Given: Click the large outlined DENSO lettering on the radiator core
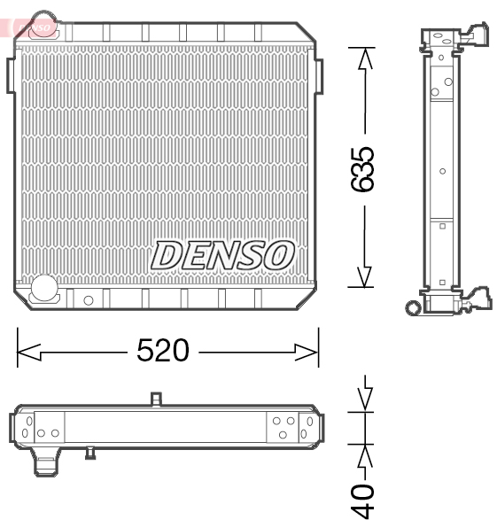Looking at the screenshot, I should pos(222,255).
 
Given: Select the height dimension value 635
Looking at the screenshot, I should pos(362,167).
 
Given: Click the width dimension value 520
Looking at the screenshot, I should pos(163,351).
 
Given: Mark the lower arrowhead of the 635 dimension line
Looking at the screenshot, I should pos(362,276).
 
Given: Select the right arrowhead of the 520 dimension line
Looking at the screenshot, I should pos(307,352).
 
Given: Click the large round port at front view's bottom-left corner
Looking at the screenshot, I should pos(43,287).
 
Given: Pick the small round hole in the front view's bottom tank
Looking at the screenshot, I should pos(88,300).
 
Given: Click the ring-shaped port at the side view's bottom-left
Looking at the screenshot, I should pos(413,307).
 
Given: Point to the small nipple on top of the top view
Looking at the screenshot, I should pos(156,400).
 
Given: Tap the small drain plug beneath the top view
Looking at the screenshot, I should pos(90,454).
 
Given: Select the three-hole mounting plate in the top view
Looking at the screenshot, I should pos(283,427).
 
